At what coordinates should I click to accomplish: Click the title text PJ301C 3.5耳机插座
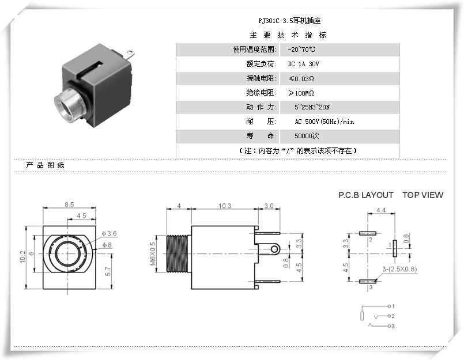click(x=287, y=20)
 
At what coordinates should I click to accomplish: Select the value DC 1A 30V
click(x=303, y=64)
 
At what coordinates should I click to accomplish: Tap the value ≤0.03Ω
click(x=301, y=78)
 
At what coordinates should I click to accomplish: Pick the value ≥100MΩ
click(x=301, y=93)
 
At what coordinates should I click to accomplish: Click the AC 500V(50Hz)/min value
click(x=324, y=122)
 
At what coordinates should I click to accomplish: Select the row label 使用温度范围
click(x=255, y=50)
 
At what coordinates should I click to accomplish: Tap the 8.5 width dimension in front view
click(x=69, y=204)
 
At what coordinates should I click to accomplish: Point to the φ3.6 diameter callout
click(x=110, y=233)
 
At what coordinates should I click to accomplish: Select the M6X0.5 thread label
click(x=153, y=253)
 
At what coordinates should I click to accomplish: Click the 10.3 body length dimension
click(x=225, y=206)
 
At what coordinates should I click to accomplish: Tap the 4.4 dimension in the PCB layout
click(x=381, y=211)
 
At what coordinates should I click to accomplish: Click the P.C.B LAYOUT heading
click(x=366, y=195)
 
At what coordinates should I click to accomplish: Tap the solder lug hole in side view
click(x=274, y=249)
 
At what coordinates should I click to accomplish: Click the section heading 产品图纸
click(x=46, y=165)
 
